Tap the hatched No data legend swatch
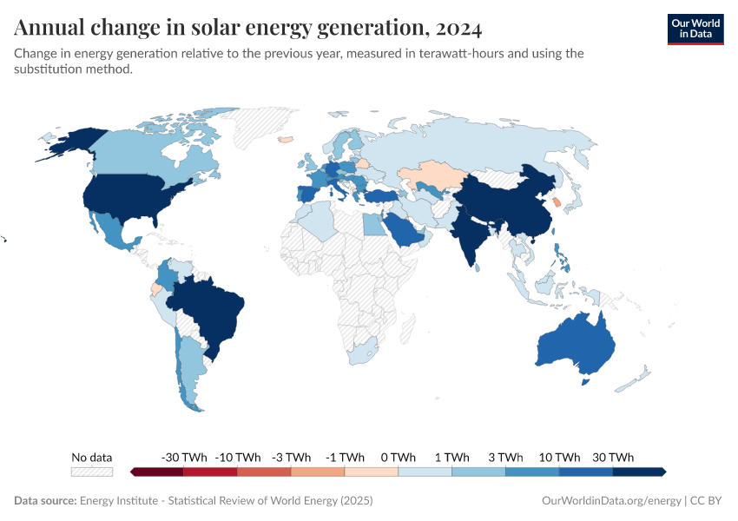pos(92,472)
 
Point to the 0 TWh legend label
pos(398,457)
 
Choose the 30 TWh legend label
pos(612,457)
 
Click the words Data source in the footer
pos(44,500)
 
